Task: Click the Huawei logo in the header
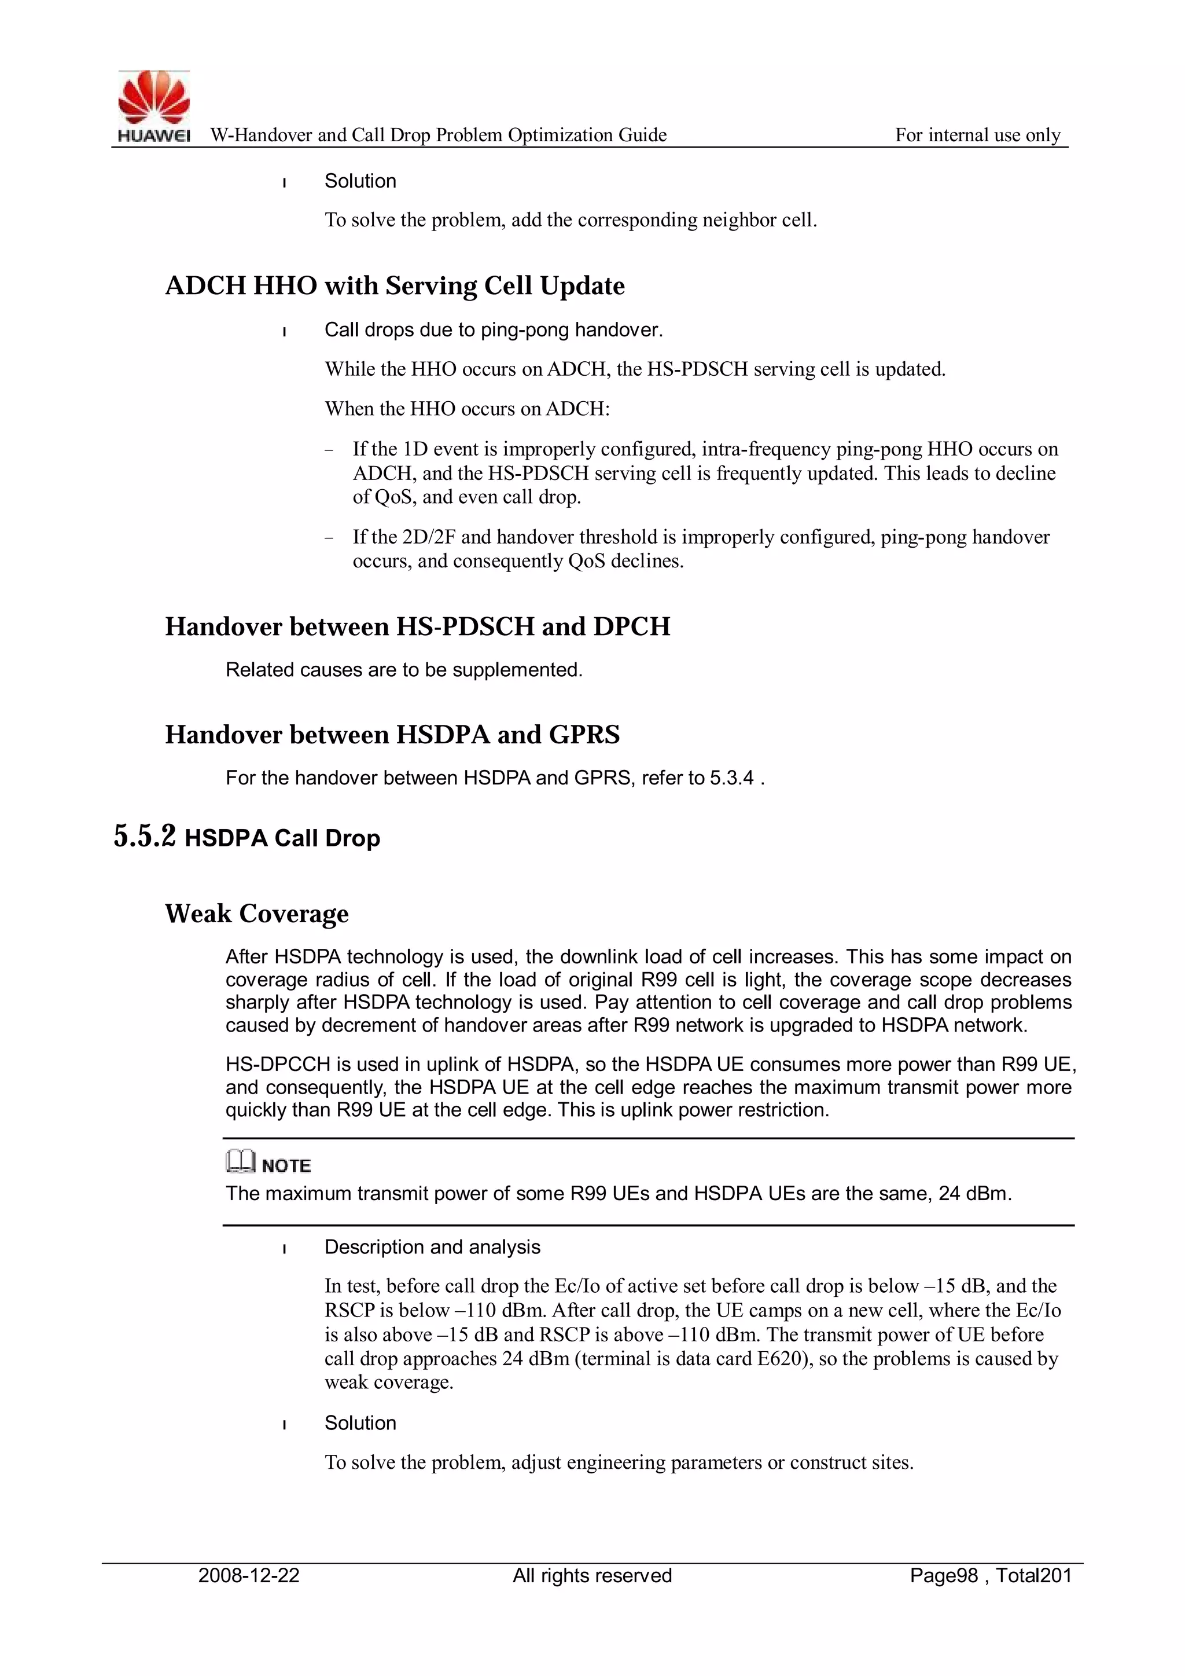(x=154, y=105)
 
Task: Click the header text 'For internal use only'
(x=977, y=135)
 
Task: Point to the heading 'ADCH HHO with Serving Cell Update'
(x=395, y=285)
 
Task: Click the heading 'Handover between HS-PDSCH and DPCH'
(x=417, y=626)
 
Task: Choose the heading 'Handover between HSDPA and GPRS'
(x=392, y=734)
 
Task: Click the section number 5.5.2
(x=145, y=837)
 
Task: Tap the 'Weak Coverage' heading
(x=257, y=913)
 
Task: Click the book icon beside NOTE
(x=240, y=1160)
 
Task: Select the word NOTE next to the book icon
(x=286, y=1166)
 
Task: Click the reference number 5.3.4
(x=731, y=778)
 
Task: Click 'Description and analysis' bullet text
(x=432, y=1247)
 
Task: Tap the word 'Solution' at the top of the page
(x=360, y=181)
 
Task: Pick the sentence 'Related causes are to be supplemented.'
(x=403, y=669)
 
